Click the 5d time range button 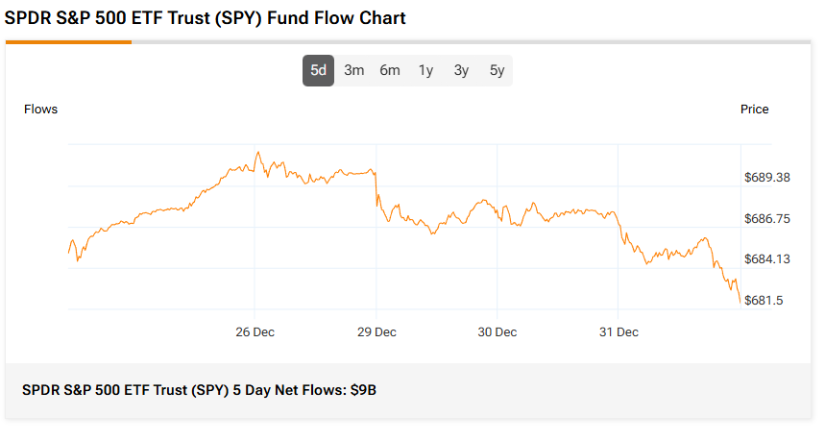(x=318, y=70)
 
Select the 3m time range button (x=353, y=70)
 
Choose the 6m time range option (x=389, y=70)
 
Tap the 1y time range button (x=425, y=70)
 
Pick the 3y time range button (x=461, y=70)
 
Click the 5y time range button (x=497, y=70)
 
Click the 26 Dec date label (x=255, y=332)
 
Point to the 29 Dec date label (x=376, y=332)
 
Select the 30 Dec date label (x=497, y=332)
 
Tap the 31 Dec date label (x=619, y=332)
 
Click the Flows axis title (x=40, y=110)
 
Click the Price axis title (x=754, y=110)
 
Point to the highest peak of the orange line (x=257, y=152)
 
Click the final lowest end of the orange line (x=740, y=303)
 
